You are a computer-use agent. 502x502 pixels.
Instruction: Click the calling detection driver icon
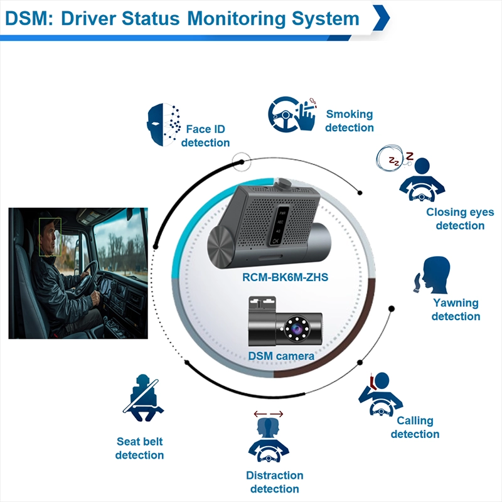coord(379,395)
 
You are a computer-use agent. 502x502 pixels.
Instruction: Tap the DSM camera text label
coord(281,356)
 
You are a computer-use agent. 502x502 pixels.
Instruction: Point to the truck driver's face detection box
coord(50,237)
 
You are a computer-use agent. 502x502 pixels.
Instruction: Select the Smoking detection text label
coord(350,121)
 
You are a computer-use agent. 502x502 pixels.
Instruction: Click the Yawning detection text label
coord(456,309)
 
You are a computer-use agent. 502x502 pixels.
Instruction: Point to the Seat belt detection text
coord(140,448)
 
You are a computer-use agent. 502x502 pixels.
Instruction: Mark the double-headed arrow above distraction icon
coord(268,414)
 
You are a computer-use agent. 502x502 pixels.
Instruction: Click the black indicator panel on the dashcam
coord(277,224)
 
